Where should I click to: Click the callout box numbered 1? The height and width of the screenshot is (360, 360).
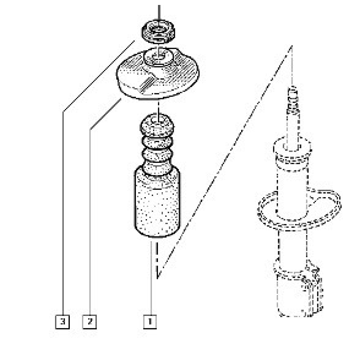point(150,322)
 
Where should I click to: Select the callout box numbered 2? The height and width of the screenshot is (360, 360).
point(90,322)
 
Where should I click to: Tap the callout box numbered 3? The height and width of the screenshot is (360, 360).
point(63,322)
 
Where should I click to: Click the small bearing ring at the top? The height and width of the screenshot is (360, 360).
point(158,31)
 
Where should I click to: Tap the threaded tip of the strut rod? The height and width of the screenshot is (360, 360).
point(293,99)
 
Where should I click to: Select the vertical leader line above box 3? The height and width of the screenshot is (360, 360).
point(63,213)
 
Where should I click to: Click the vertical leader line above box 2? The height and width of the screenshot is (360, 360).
point(90,222)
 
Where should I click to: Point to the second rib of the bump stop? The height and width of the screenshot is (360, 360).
point(157,143)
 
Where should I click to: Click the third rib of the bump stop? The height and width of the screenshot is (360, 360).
point(157,155)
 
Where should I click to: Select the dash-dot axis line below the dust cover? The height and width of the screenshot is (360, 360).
point(157,261)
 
